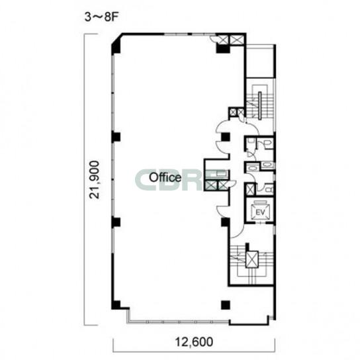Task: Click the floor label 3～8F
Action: click(101, 17)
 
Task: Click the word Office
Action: click(165, 177)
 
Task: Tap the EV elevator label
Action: click(260, 212)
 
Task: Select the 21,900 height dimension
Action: click(95, 180)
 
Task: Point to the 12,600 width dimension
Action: click(194, 342)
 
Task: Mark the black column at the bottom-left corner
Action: click(116, 304)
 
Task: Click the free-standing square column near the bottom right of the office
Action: click(226, 305)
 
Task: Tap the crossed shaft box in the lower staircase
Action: click(252, 259)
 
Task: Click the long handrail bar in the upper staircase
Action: click(260, 106)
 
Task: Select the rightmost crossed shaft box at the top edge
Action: click(236, 40)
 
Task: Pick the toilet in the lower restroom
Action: click(268, 190)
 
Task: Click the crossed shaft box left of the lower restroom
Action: click(250, 190)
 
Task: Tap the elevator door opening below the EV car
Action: click(259, 223)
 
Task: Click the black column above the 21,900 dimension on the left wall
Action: click(116, 137)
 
